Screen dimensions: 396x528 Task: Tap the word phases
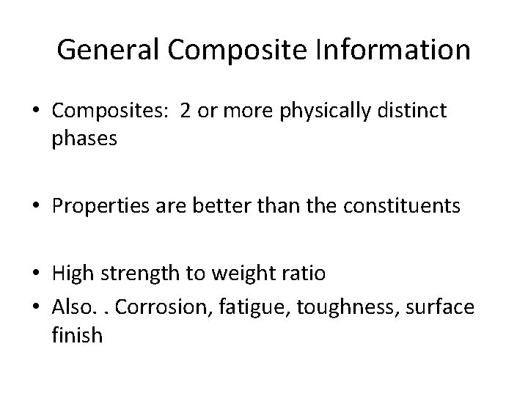click(x=84, y=139)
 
